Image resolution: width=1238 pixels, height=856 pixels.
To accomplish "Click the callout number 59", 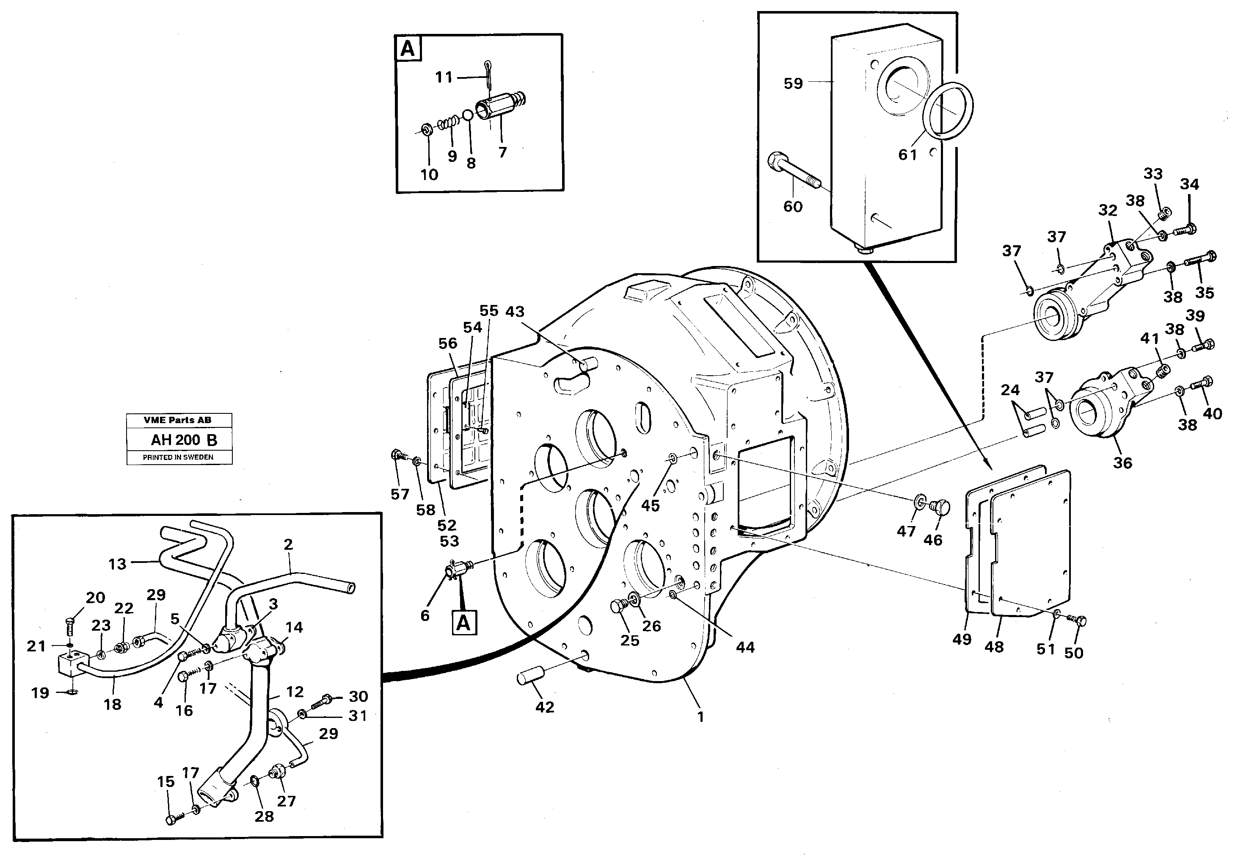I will pyautogui.click(x=793, y=84).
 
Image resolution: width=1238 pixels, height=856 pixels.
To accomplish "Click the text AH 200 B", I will pyautogui.click(x=184, y=440).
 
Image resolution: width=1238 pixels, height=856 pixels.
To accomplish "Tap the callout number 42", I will pyautogui.click(x=544, y=707).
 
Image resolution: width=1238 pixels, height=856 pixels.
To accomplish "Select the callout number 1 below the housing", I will pyautogui.click(x=700, y=717).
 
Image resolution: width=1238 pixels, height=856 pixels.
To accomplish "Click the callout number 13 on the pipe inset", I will pyautogui.click(x=117, y=564).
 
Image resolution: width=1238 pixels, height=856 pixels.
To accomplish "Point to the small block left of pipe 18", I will pyautogui.click(x=70, y=665).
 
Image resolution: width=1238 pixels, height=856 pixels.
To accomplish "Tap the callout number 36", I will pyautogui.click(x=1122, y=463).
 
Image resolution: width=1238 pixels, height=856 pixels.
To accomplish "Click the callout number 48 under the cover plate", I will pyautogui.click(x=994, y=647).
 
